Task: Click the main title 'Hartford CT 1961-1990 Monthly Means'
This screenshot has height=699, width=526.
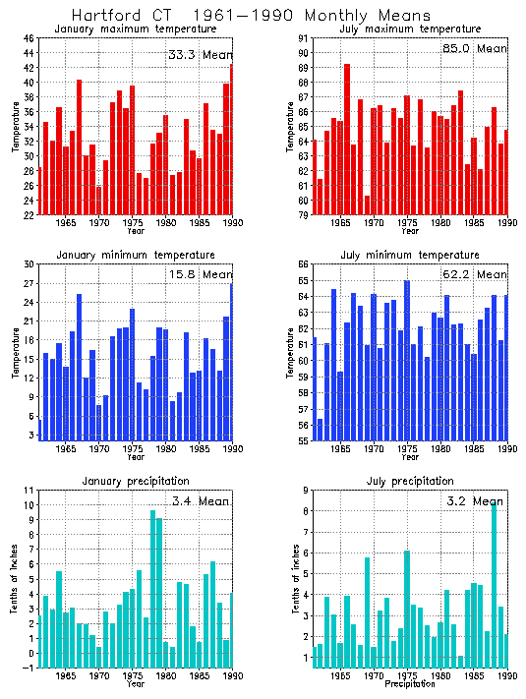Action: (251, 16)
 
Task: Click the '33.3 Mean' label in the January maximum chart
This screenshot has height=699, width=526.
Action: (200, 55)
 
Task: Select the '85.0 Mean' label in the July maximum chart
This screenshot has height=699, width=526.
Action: (474, 48)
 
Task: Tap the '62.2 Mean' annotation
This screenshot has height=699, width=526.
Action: (474, 274)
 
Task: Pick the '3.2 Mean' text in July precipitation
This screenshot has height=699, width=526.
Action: (474, 500)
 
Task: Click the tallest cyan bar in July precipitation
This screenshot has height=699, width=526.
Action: (494, 586)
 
